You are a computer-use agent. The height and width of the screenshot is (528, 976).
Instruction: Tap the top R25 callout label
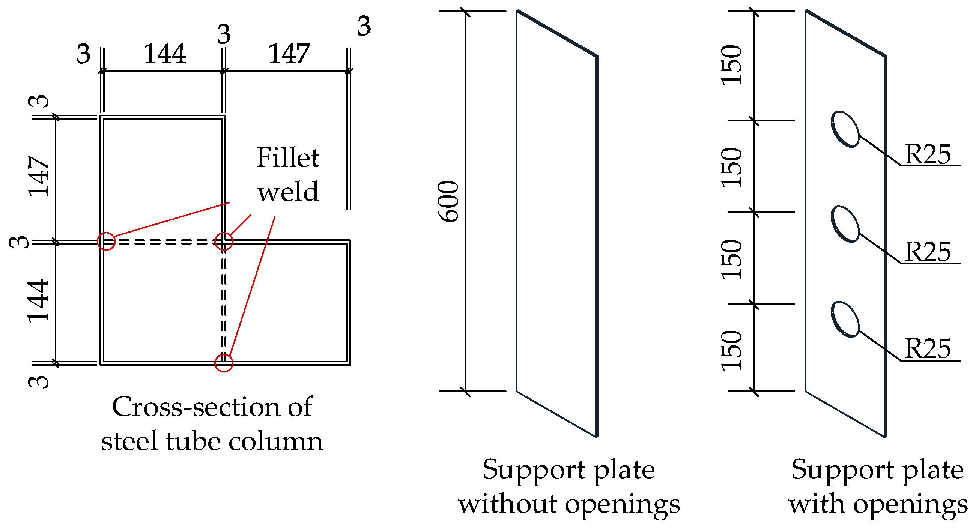tap(928, 154)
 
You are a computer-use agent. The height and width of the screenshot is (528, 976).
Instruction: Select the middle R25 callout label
tap(928, 252)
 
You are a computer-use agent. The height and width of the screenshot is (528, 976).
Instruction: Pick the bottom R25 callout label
tap(928, 348)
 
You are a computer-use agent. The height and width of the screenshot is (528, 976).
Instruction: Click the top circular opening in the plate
tap(845, 129)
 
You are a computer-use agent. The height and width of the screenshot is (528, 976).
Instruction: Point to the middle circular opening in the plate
tap(845, 224)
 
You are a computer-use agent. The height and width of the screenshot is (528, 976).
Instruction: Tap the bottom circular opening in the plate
tap(845, 319)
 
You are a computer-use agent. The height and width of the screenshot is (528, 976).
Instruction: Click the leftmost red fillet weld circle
tap(106, 241)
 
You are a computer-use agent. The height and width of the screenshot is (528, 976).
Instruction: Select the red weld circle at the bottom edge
tap(224, 363)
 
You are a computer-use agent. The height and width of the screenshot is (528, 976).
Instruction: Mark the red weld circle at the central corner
tap(224, 241)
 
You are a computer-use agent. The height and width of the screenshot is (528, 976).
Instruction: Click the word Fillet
tap(287, 157)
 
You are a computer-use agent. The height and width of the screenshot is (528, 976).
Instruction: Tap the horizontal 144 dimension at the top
tap(165, 54)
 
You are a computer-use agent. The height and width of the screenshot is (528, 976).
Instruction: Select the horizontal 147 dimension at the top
tap(289, 54)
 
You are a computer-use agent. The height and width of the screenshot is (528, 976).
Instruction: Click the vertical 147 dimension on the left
tap(39, 177)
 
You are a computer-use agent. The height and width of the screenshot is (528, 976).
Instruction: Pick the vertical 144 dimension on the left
tap(39, 300)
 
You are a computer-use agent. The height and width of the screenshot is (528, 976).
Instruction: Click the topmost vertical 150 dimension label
tap(731, 65)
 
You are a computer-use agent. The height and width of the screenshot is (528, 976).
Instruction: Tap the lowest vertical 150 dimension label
tap(731, 350)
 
